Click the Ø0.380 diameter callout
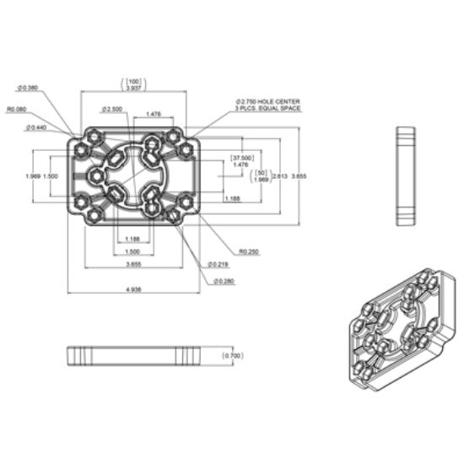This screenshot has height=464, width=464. coord(28,87)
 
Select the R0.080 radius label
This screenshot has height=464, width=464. coord(17,108)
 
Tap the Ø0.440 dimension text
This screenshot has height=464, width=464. coord(36,127)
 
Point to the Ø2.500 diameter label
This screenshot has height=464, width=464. coord(111,109)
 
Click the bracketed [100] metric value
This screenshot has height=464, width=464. coord(132,80)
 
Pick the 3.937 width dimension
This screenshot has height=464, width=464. coord(132,88)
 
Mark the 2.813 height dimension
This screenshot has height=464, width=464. coord(280,175)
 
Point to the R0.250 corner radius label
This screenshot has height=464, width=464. coord(248,251)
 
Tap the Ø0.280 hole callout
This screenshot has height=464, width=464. coord(224,281)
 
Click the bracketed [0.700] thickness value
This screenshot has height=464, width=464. coord(232,356)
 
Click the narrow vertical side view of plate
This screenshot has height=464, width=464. coord(406,176)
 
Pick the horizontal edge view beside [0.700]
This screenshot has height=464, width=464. coord(138,356)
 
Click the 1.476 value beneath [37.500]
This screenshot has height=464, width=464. coord(240,165)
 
